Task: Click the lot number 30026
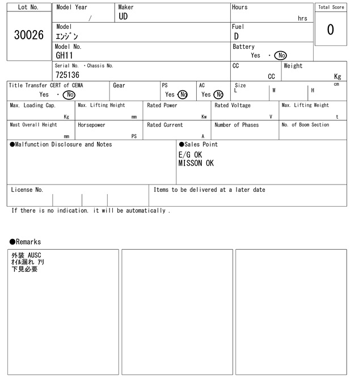[28, 35]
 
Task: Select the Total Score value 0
[330, 30]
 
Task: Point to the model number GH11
[65, 56]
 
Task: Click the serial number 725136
[67, 75]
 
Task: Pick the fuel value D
[236, 36]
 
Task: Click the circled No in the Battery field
[280, 56]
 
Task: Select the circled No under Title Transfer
[69, 95]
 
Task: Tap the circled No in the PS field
[183, 95]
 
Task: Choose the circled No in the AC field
[218, 95]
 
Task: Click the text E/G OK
[190, 154]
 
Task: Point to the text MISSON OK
[196, 163]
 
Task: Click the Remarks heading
[26, 242]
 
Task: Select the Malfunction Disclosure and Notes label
[61, 145]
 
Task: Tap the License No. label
[27, 190]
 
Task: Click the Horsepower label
[92, 125]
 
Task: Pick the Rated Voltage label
[233, 106]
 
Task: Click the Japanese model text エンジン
[67, 36]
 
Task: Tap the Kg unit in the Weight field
[337, 76]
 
